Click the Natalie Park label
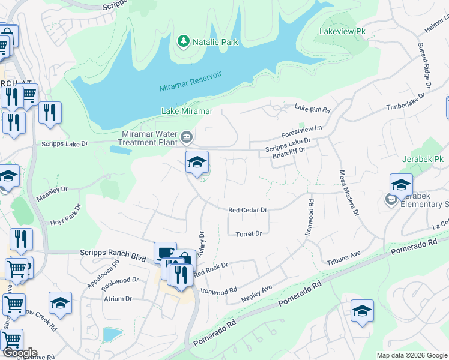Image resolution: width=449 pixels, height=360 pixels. [x=215, y=42]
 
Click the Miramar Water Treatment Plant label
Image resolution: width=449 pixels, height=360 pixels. [x=149, y=137]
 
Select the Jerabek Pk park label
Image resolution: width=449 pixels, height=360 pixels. [x=423, y=160]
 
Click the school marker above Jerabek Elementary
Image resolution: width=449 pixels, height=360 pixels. [x=401, y=185]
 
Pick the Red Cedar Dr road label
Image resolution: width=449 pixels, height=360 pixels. [x=247, y=210]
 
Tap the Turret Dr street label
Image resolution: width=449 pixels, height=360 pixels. [x=249, y=234]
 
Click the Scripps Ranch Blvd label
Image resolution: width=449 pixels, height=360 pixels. [x=113, y=254]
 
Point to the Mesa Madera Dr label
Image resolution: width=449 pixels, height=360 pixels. [x=351, y=192]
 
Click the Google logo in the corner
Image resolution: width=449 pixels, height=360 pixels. [x=20, y=352]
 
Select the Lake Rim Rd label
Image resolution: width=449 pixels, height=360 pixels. [x=313, y=109]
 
